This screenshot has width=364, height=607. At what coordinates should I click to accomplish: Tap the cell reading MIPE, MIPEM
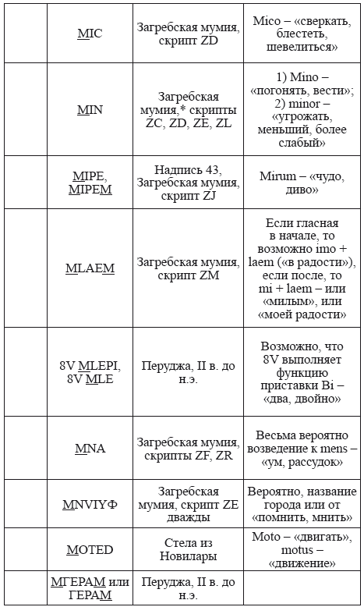coord(90,182)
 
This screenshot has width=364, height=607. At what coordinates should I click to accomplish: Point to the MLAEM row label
coord(90,268)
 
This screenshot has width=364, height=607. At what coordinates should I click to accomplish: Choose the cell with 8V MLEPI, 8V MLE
coord(90,371)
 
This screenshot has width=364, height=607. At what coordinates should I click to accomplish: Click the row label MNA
coord(90,449)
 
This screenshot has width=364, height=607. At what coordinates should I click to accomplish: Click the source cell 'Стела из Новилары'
coord(188,550)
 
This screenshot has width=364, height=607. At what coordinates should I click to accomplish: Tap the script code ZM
coord(210,275)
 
